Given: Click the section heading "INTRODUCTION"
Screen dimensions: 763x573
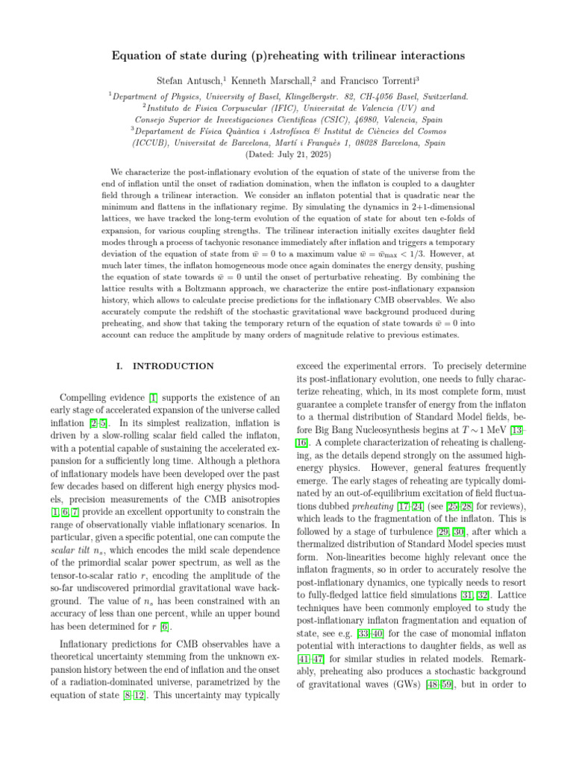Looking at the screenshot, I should tap(172, 366).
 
